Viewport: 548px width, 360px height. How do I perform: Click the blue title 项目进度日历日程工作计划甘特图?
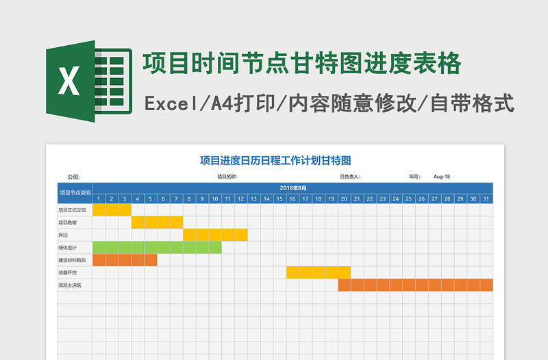pyautogui.click(x=275, y=161)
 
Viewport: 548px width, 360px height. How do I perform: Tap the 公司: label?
pyautogui.click(x=73, y=177)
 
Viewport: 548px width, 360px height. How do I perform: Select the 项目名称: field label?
pyautogui.click(x=227, y=177)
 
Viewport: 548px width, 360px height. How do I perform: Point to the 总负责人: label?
pyautogui.click(x=349, y=177)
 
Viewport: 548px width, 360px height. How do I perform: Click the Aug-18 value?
pyautogui.click(x=442, y=177)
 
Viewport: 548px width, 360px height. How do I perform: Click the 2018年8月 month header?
pyautogui.click(x=293, y=188)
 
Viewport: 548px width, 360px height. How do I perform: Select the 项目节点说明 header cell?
pyautogui.click(x=75, y=193)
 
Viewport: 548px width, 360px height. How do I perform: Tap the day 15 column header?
pyautogui.click(x=279, y=199)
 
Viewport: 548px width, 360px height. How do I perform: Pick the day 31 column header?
pyautogui.click(x=486, y=199)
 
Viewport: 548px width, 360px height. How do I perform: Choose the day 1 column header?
pyautogui.click(x=99, y=199)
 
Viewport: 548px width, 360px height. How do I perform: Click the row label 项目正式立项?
pyautogui.click(x=72, y=210)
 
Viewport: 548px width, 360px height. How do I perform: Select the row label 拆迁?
pyautogui.click(x=63, y=235)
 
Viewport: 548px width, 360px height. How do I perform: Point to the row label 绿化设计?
pyautogui.click(x=68, y=247)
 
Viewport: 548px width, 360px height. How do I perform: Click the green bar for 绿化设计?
pyautogui.click(x=157, y=247)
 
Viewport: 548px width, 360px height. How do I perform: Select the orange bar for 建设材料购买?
pyautogui.click(x=125, y=260)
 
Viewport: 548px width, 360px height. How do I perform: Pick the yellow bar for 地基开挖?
pyautogui.click(x=318, y=272)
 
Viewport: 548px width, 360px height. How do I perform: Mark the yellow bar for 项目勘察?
pyautogui.click(x=157, y=222)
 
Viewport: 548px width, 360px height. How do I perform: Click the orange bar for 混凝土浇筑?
pyautogui.click(x=415, y=285)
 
